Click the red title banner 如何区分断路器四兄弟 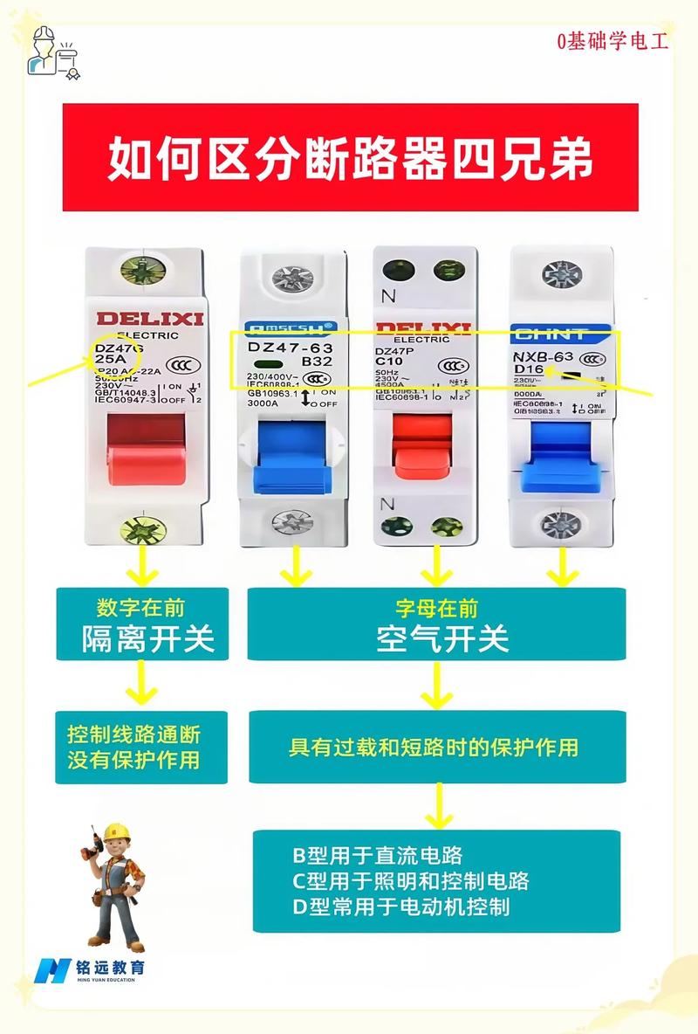coord(350,157)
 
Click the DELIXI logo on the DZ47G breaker coord(149,319)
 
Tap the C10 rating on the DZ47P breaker coord(389,361)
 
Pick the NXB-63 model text coord(544,356)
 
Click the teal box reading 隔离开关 coord(143,624)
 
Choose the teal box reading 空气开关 coord(436,624)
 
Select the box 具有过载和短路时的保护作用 coord(436,747)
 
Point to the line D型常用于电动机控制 coord(400,906)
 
